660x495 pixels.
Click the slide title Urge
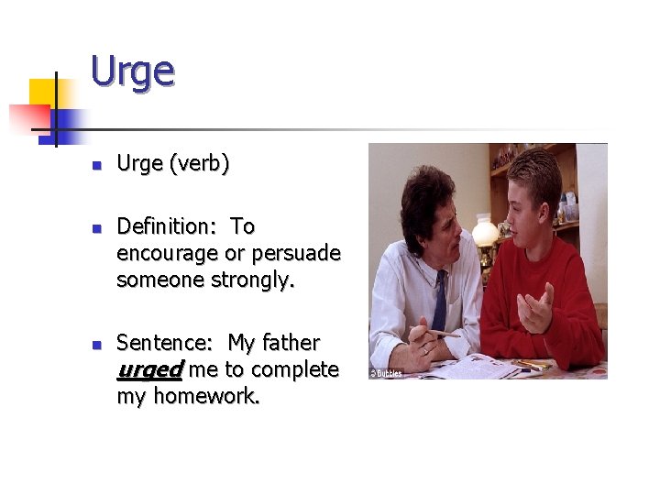coord(132,71)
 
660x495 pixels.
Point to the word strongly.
coord(251,280)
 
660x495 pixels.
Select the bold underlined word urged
coord(150,369)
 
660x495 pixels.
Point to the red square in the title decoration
coord(27,117)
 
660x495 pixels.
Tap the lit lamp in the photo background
coord(485,232)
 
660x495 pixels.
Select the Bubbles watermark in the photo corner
coord(386,373)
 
